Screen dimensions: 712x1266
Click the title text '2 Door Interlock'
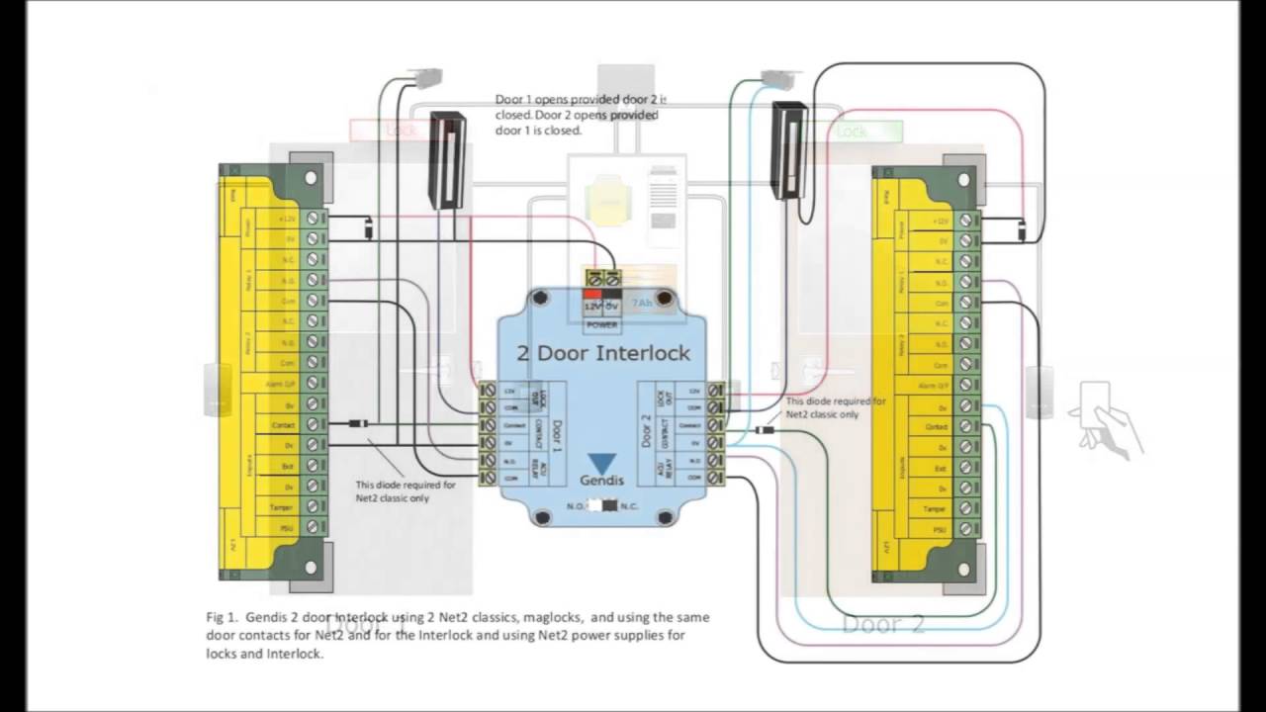click(x=603, y=353)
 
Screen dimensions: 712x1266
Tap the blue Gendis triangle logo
click(x=601, y=463)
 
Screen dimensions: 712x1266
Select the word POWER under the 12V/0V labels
click(x=602, y=323)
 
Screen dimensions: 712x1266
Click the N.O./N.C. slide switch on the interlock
click(x=601, y=505)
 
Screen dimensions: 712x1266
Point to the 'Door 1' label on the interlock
click(x=555, y=434)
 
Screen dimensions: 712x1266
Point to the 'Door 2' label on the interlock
click(x=647, y=434)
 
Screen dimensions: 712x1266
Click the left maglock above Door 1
click(x=448, y=159)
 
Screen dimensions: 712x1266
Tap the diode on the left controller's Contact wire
click(x=359, y=424)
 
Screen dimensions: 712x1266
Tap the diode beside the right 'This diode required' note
click(x=765, y=430)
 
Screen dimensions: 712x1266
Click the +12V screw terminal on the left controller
click(x=315, y=217)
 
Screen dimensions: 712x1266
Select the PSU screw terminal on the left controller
click(x=315, y=527)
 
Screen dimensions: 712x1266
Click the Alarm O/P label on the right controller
click(x=935, y=385)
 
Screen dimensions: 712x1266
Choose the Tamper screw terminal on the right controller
click(x=966, y=509)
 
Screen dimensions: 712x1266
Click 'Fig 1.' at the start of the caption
click(x=221, y=617)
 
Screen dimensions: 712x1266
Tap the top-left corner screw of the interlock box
click(x=539, y=298)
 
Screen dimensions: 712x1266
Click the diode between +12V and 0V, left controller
click(x=368, y=227)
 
